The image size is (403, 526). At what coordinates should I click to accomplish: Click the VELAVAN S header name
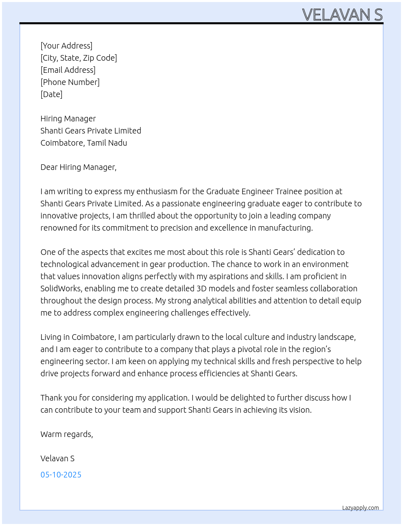(x=342, y=15)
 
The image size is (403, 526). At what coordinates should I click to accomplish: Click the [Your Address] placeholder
(x=66, y=46)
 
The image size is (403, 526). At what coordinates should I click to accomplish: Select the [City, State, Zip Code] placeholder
(x=78, y=58)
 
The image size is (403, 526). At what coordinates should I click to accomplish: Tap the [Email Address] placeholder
(x=68, y=70)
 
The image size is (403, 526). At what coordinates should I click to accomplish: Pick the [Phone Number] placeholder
(x=70, y=82)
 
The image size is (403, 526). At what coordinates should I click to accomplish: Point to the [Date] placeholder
(x=51, y=94)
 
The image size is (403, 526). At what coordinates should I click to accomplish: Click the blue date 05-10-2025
(x=61, y=475)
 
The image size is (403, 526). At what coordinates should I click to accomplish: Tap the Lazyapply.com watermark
(x=361, y=508)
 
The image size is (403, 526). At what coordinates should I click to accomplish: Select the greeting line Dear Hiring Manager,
(x=78, y=167)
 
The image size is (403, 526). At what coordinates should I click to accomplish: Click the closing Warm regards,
(x=67, y=434)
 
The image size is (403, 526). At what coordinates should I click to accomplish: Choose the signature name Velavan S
(x=57, y=458)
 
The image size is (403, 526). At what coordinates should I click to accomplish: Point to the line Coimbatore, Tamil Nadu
(x=84, y=143)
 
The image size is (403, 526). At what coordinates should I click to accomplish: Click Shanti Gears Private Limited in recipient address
(x=91, y=131)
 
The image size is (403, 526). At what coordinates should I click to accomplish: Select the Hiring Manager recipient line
(x=68, y=119)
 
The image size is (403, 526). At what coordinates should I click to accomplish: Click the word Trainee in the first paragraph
(x=288, y=191)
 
